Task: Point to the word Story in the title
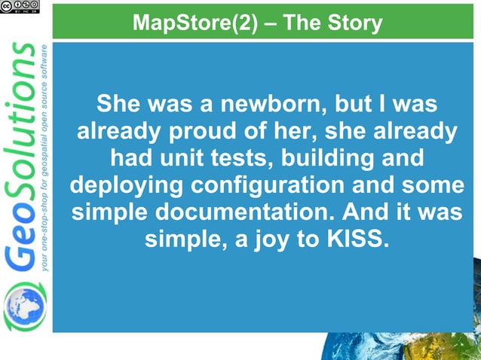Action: tap(354, 23)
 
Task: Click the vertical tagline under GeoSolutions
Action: tap(47, 158)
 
